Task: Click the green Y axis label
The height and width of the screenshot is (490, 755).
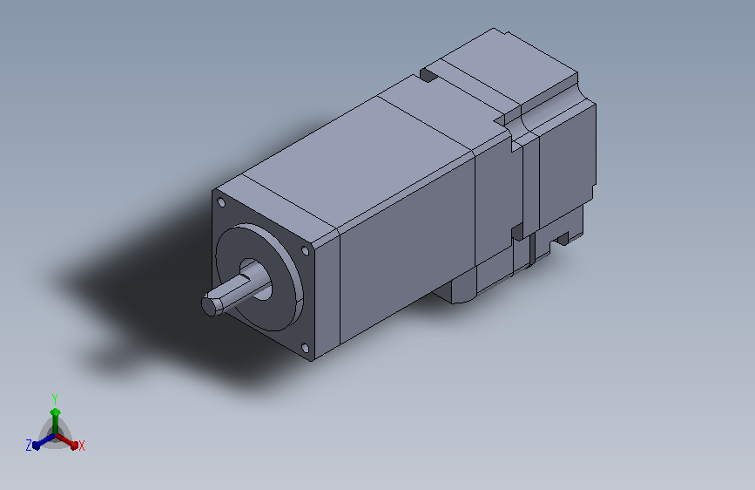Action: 55,399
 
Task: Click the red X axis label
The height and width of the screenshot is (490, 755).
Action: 81,446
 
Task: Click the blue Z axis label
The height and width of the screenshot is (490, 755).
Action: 29,446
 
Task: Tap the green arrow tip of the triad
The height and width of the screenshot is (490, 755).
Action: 56,412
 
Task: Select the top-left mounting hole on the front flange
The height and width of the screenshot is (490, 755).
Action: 221,202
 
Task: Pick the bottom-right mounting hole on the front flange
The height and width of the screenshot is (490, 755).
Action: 305,348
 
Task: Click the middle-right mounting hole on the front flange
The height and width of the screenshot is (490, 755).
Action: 305,251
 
